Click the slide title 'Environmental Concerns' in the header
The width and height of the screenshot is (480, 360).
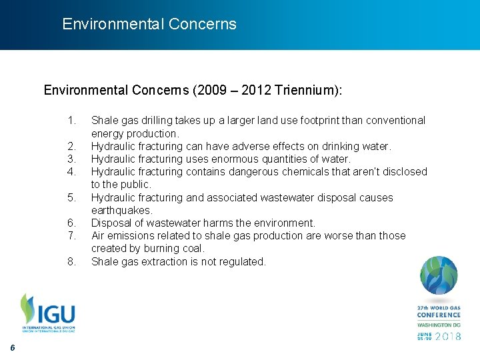(149, 25)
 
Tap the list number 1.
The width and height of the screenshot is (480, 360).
(72, 121)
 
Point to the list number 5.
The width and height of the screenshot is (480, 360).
(72, 198)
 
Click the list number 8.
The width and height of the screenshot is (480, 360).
(72, 262)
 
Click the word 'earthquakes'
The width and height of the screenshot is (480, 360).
(121, 211)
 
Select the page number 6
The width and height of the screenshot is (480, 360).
(13, 349)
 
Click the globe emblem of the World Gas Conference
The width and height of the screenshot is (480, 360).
(438, 276)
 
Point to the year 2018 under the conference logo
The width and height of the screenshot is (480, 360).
(448, 337)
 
